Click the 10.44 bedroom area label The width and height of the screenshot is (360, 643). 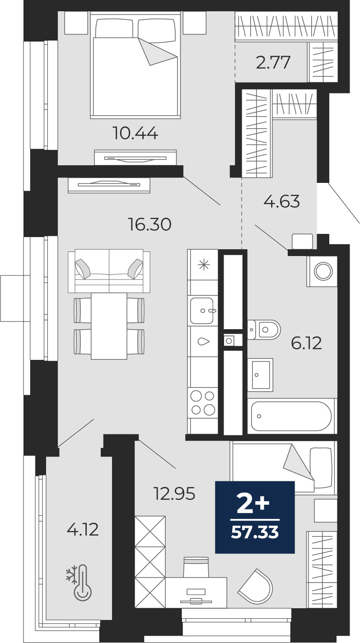point(136,134)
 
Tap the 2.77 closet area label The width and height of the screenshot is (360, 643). point(273,63)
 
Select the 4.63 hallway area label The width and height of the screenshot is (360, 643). point(281,201)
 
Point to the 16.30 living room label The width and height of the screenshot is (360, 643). point(150,224)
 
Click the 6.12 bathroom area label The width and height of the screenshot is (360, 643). point(306,343)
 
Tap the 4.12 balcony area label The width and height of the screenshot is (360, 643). point(83,530)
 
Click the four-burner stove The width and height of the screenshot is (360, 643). point(203,403)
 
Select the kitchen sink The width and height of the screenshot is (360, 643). point(202,311)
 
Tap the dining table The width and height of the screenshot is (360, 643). point(109,326)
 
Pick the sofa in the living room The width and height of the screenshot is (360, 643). point(109,271)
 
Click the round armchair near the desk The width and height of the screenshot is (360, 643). point(256,586)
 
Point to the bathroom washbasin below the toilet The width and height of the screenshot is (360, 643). point(261,374)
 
